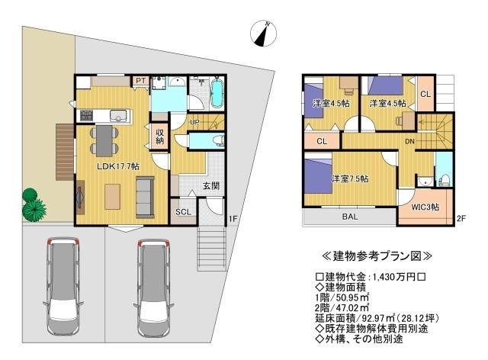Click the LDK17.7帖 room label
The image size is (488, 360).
coord(118,166)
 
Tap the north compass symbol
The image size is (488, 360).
coord(263,34)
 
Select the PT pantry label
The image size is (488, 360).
coord(140,81)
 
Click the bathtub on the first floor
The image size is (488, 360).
coord(217,92)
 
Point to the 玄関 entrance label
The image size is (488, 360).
coord(211,186)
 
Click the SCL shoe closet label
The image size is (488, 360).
coord(183,212)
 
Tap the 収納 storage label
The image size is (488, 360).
coord(159,137)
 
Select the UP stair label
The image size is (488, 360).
coord(194,122)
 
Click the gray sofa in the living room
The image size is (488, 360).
coord(145,197)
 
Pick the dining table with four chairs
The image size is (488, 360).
coord(104,140)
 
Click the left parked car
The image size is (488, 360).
coord(63,287)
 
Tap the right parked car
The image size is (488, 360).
coord(154,287)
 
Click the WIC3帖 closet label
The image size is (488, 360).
coord(425,207)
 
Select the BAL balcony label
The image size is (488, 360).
coord(350,217)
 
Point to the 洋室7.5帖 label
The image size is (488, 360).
coord(350,178)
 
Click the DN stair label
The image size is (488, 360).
coord(409,141)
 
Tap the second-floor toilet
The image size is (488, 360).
coord(443,180)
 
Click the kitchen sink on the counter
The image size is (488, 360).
coord(118,115)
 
